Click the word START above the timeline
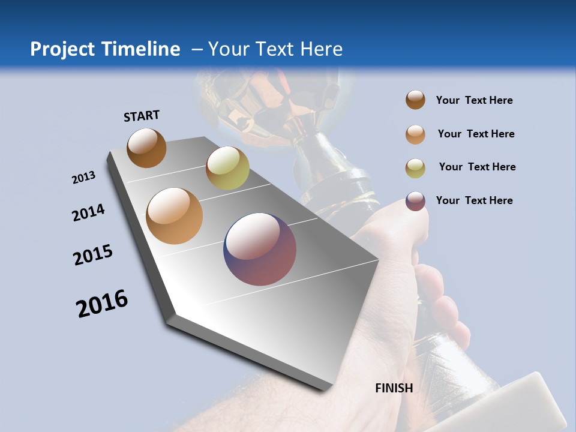coord(142,116)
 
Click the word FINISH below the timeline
coord(394,388)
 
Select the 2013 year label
coord(83,178)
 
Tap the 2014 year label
coord(88,213)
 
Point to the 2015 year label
coord(93,255)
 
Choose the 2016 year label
coord(102,304)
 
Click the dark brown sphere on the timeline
coord(146,148)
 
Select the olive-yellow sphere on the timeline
coord(227,168)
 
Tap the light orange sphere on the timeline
coord(175,216)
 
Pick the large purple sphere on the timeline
coord(260,249)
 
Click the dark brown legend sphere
coord(415,100)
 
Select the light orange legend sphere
coord(415,134)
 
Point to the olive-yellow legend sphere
coord(415,168)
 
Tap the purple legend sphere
coord(415,201)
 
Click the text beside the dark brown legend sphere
coord(474,100)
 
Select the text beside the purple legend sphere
coord(474,200)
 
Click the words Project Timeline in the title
coord(105,49)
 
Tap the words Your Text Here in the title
coord(275,49)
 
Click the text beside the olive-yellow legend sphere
coord(477,167)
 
